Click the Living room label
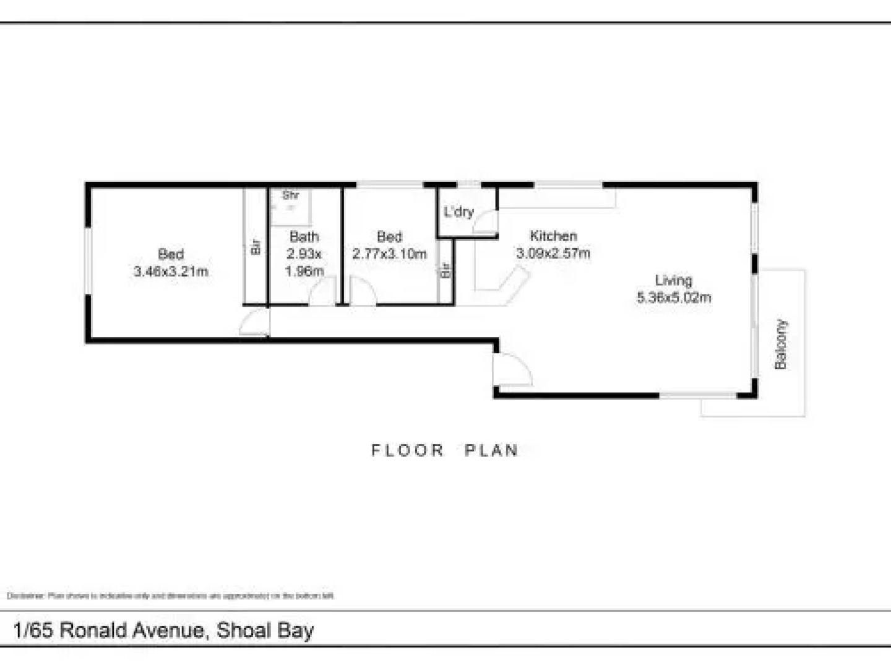tap(673, 280)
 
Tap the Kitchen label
tap(553, 236)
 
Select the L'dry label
tap(458, 212)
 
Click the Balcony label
tap(781, 344)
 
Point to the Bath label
tap(304, 237)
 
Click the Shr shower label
tap(290, 195)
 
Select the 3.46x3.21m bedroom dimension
tap(171, 271)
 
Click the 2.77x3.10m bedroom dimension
tap(389, 253)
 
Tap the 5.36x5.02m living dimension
tap(674, 297)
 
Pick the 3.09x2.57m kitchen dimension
tap(553, 253)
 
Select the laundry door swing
tap(486, 222)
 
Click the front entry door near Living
tap(511, 370)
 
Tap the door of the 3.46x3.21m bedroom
tap(255, 323)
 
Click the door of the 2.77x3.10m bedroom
tap(362, 292)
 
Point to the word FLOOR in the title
tap(408, 450)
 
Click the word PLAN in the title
tap(491, 450)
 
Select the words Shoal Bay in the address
tap(265, 630)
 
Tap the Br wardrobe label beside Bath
tap(256, 247)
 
